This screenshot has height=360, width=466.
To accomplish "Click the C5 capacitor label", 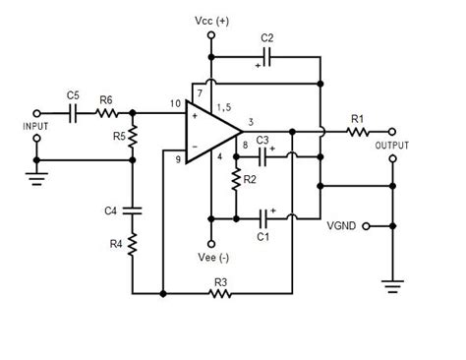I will (x=73, y=95).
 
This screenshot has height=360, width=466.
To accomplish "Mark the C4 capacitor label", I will (x=112, y=209).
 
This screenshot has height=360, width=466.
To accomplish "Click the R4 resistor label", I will (x=114, y=243).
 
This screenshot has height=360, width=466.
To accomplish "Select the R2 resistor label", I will (x=251, y=180).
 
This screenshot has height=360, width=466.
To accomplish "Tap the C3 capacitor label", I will (x=262, y=143).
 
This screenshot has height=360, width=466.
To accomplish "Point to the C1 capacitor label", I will (x=262, y=235).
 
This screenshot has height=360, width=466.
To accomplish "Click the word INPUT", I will (x=35, y=126).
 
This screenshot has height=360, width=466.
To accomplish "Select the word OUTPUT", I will (x=392, y=145).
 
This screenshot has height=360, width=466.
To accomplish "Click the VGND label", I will (x=341, y=225).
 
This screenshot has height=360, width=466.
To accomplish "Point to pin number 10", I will (x=174, y=103).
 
